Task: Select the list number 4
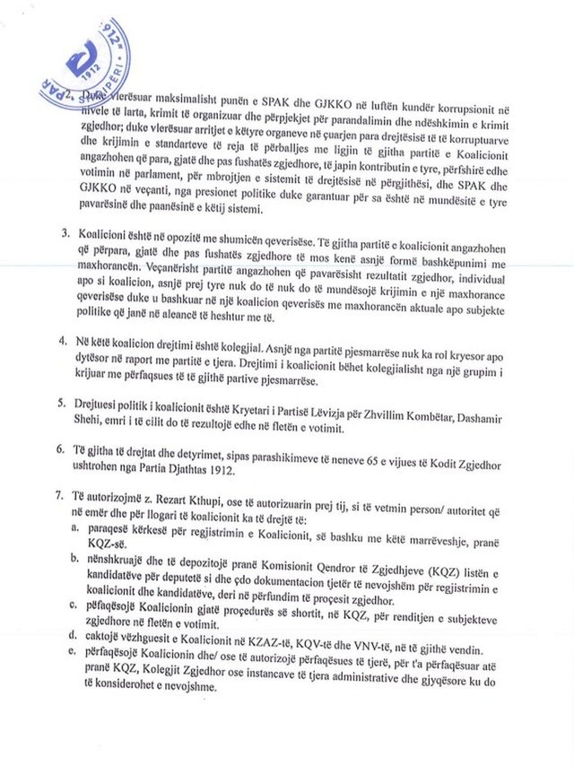[x=65, y=342]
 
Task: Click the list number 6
[x=65, y=448]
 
